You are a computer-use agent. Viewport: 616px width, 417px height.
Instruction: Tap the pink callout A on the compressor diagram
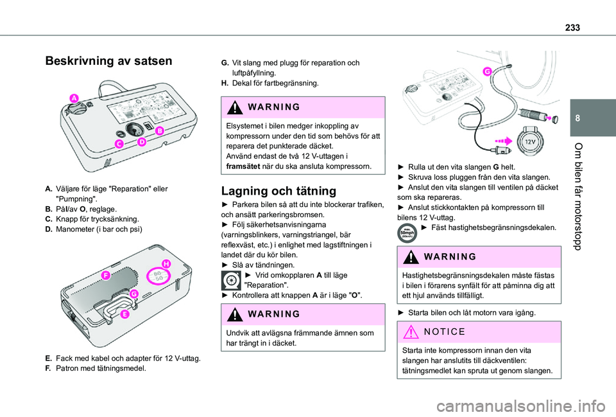(x=74, y=98)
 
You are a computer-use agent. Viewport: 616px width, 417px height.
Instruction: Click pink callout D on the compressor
(x=141, y=141)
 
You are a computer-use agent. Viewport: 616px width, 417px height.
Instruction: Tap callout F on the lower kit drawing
(x=105, y=275)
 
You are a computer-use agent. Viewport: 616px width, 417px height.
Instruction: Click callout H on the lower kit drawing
(x=166, y=264)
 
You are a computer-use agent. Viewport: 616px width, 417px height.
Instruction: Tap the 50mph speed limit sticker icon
(x=407, y=232)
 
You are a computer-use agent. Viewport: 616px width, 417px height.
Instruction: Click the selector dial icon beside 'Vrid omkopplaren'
(x=231, y=280)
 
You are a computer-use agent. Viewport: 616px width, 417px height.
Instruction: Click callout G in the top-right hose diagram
(x=487, y=71)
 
